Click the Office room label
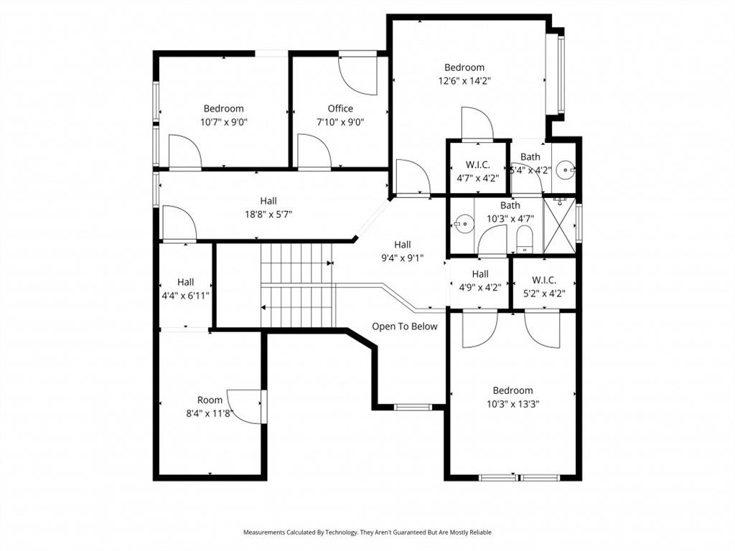(340, 108)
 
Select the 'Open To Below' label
(404, 326)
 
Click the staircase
(297, 285)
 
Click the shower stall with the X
(560, 226)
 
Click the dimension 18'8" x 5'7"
(268, 214)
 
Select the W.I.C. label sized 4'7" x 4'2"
(477, 164)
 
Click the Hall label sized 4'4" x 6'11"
(185, 282)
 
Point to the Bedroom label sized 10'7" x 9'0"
(223, 108)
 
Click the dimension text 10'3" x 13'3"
(512, 404)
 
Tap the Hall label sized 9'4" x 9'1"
(403, 245)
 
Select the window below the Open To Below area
(413, 408)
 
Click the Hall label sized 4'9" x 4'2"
(480, 274)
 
